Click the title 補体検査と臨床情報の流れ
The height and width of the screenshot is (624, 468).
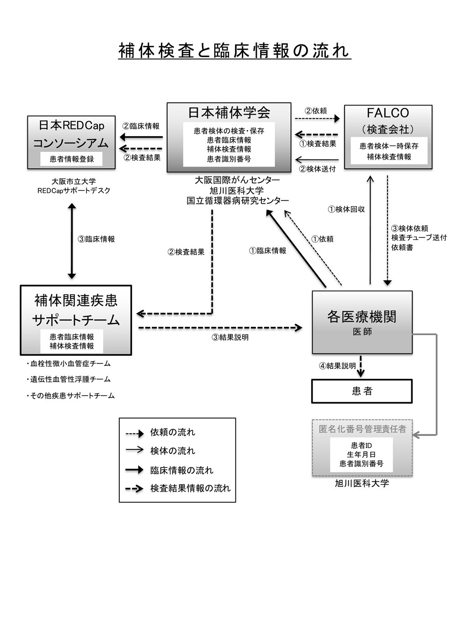click(234, 51)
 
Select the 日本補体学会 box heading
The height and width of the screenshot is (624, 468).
click(229, 112)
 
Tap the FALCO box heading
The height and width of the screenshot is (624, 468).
click(388, 113)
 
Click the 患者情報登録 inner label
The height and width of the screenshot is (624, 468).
click(72, 159)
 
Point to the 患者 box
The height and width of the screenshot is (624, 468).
click(362, 391)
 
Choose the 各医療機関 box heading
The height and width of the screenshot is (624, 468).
click(362, 316)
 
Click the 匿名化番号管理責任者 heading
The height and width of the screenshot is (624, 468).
click(362, 429)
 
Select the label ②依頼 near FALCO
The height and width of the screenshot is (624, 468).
click(316, 111)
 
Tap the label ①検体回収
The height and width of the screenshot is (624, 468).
click(346, 209)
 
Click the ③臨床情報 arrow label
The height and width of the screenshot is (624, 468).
click(96, 239)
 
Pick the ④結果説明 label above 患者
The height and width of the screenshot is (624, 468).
click(337, 366)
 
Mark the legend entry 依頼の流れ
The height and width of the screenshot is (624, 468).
click(172, 432)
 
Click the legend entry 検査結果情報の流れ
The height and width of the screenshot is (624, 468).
click(190, 488)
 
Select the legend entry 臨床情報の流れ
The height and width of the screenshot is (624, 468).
click(181, 470)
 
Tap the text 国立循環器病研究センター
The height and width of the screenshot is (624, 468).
click(238, 201)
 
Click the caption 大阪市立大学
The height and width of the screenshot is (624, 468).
click(74, 181)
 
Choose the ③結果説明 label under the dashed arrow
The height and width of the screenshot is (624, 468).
click(230, 337)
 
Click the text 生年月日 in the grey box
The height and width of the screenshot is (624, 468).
click(362, 454)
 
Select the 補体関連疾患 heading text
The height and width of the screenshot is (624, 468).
click(76, 300)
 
